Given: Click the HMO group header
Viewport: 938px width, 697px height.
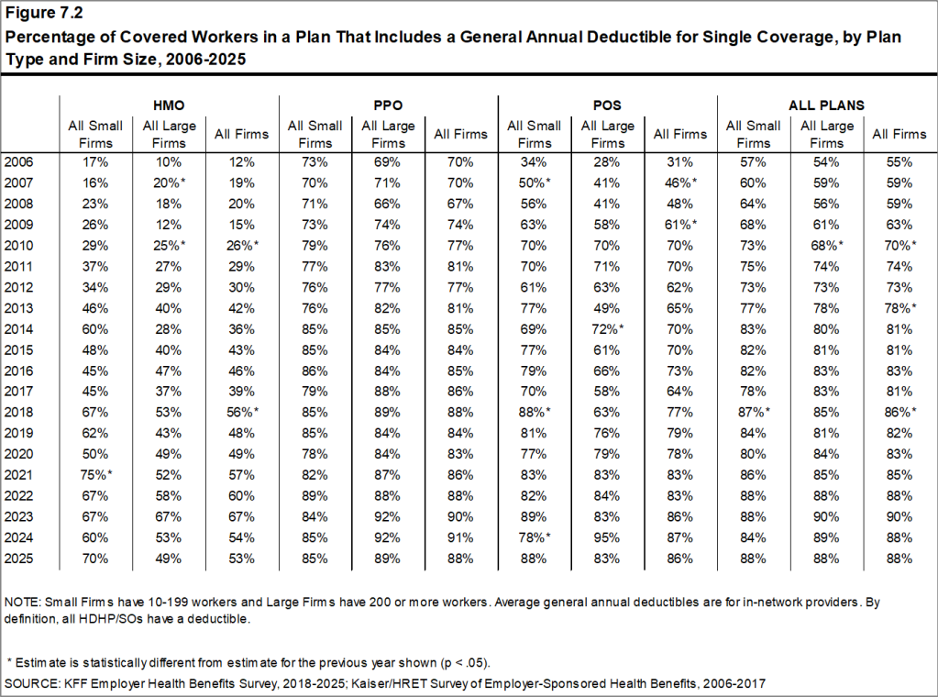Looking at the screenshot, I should (169, 105).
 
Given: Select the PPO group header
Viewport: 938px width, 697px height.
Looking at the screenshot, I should (388, 105).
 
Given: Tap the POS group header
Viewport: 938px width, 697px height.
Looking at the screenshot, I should (607, 105).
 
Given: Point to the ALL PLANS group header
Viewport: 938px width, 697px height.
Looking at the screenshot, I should (826, 105).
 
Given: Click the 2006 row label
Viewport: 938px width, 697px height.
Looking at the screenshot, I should (20, 161).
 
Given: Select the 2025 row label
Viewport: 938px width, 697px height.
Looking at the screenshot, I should (20, 559).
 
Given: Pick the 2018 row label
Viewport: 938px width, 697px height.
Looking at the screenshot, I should (20, 413).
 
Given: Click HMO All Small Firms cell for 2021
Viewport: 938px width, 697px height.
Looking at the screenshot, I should (96, 475).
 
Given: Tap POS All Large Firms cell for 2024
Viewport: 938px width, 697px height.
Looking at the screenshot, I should (608, 537).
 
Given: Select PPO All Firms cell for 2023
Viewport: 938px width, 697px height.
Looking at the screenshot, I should (461, 517).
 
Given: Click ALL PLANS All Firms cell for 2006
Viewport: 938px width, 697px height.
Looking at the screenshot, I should (899, 161).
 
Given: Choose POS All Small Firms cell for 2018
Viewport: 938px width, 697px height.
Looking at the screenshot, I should (536, 413).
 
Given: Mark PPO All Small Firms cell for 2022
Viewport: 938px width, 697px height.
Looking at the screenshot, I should (315, 496).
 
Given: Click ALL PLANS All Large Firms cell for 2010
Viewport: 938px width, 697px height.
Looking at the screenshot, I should (828, 245).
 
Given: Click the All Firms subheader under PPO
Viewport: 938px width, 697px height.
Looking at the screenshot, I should (461, 134).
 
